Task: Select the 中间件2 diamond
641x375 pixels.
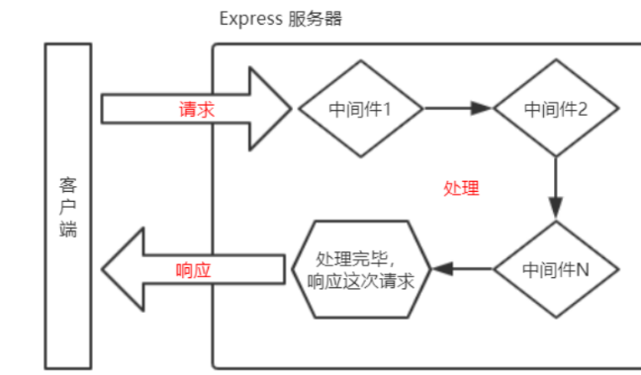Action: tap(555, 108)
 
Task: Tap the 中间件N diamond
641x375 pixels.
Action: tap(555, 269)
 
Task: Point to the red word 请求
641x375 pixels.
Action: tap(196, 109)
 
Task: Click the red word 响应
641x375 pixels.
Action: tap(194, 269)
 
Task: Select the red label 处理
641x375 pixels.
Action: tap(461, 188)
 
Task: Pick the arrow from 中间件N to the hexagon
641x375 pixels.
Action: tap(460, 269)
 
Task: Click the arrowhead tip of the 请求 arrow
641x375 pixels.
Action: tap(290, 108)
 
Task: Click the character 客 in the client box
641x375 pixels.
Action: tap(67, 184)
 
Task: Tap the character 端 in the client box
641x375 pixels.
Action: tap(67, 230)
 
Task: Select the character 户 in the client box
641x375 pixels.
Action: tap(67, 207)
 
